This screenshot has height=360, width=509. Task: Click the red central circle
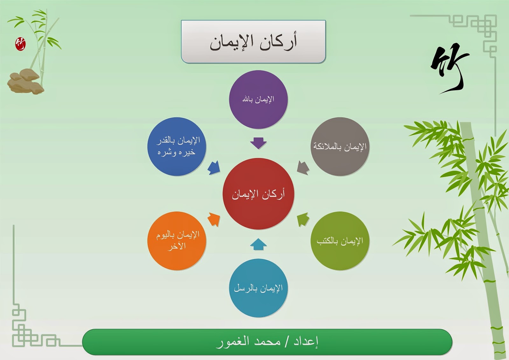tap(258, 194)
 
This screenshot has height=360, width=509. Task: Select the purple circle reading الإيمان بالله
tap(258, 99)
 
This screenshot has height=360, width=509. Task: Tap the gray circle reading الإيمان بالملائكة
tap(340, 146)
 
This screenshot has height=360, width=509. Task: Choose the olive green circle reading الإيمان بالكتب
tap(340, 241)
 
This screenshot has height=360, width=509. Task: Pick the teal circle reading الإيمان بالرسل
tap(258, 288)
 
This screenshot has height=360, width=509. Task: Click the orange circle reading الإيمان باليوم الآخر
tap(177, 241)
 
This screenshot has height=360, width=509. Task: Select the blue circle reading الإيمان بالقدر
tap(177, 146)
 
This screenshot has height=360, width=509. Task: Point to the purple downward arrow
tap(258, 143)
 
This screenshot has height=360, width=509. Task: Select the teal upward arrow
tap(258, 244)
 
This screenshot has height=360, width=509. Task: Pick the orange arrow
tap(214, 219)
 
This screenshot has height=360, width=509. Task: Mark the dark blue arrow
tap(214, 168)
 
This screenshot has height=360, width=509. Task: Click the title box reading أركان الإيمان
tap(253, 41)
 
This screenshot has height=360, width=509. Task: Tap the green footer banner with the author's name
tap(267, 342)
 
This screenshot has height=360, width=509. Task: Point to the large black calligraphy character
tap(450, 68)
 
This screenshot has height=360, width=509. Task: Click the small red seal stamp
tap(20, 44)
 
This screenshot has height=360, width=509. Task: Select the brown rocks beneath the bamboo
tap(25, 81)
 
